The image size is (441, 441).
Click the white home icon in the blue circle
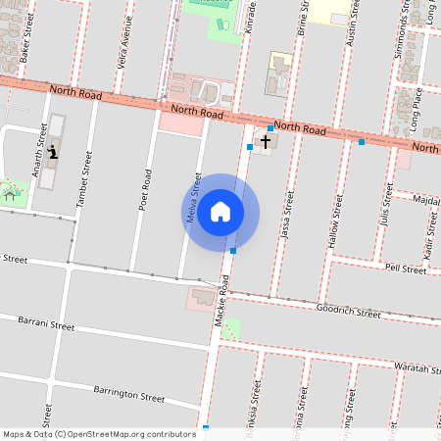(220, 212)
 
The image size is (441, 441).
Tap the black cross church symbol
(265, 141)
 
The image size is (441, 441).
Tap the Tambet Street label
(85, 183)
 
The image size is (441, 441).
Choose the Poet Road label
(146, 192)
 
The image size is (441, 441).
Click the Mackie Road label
(221, 300)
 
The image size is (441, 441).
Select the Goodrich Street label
(348, 313)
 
